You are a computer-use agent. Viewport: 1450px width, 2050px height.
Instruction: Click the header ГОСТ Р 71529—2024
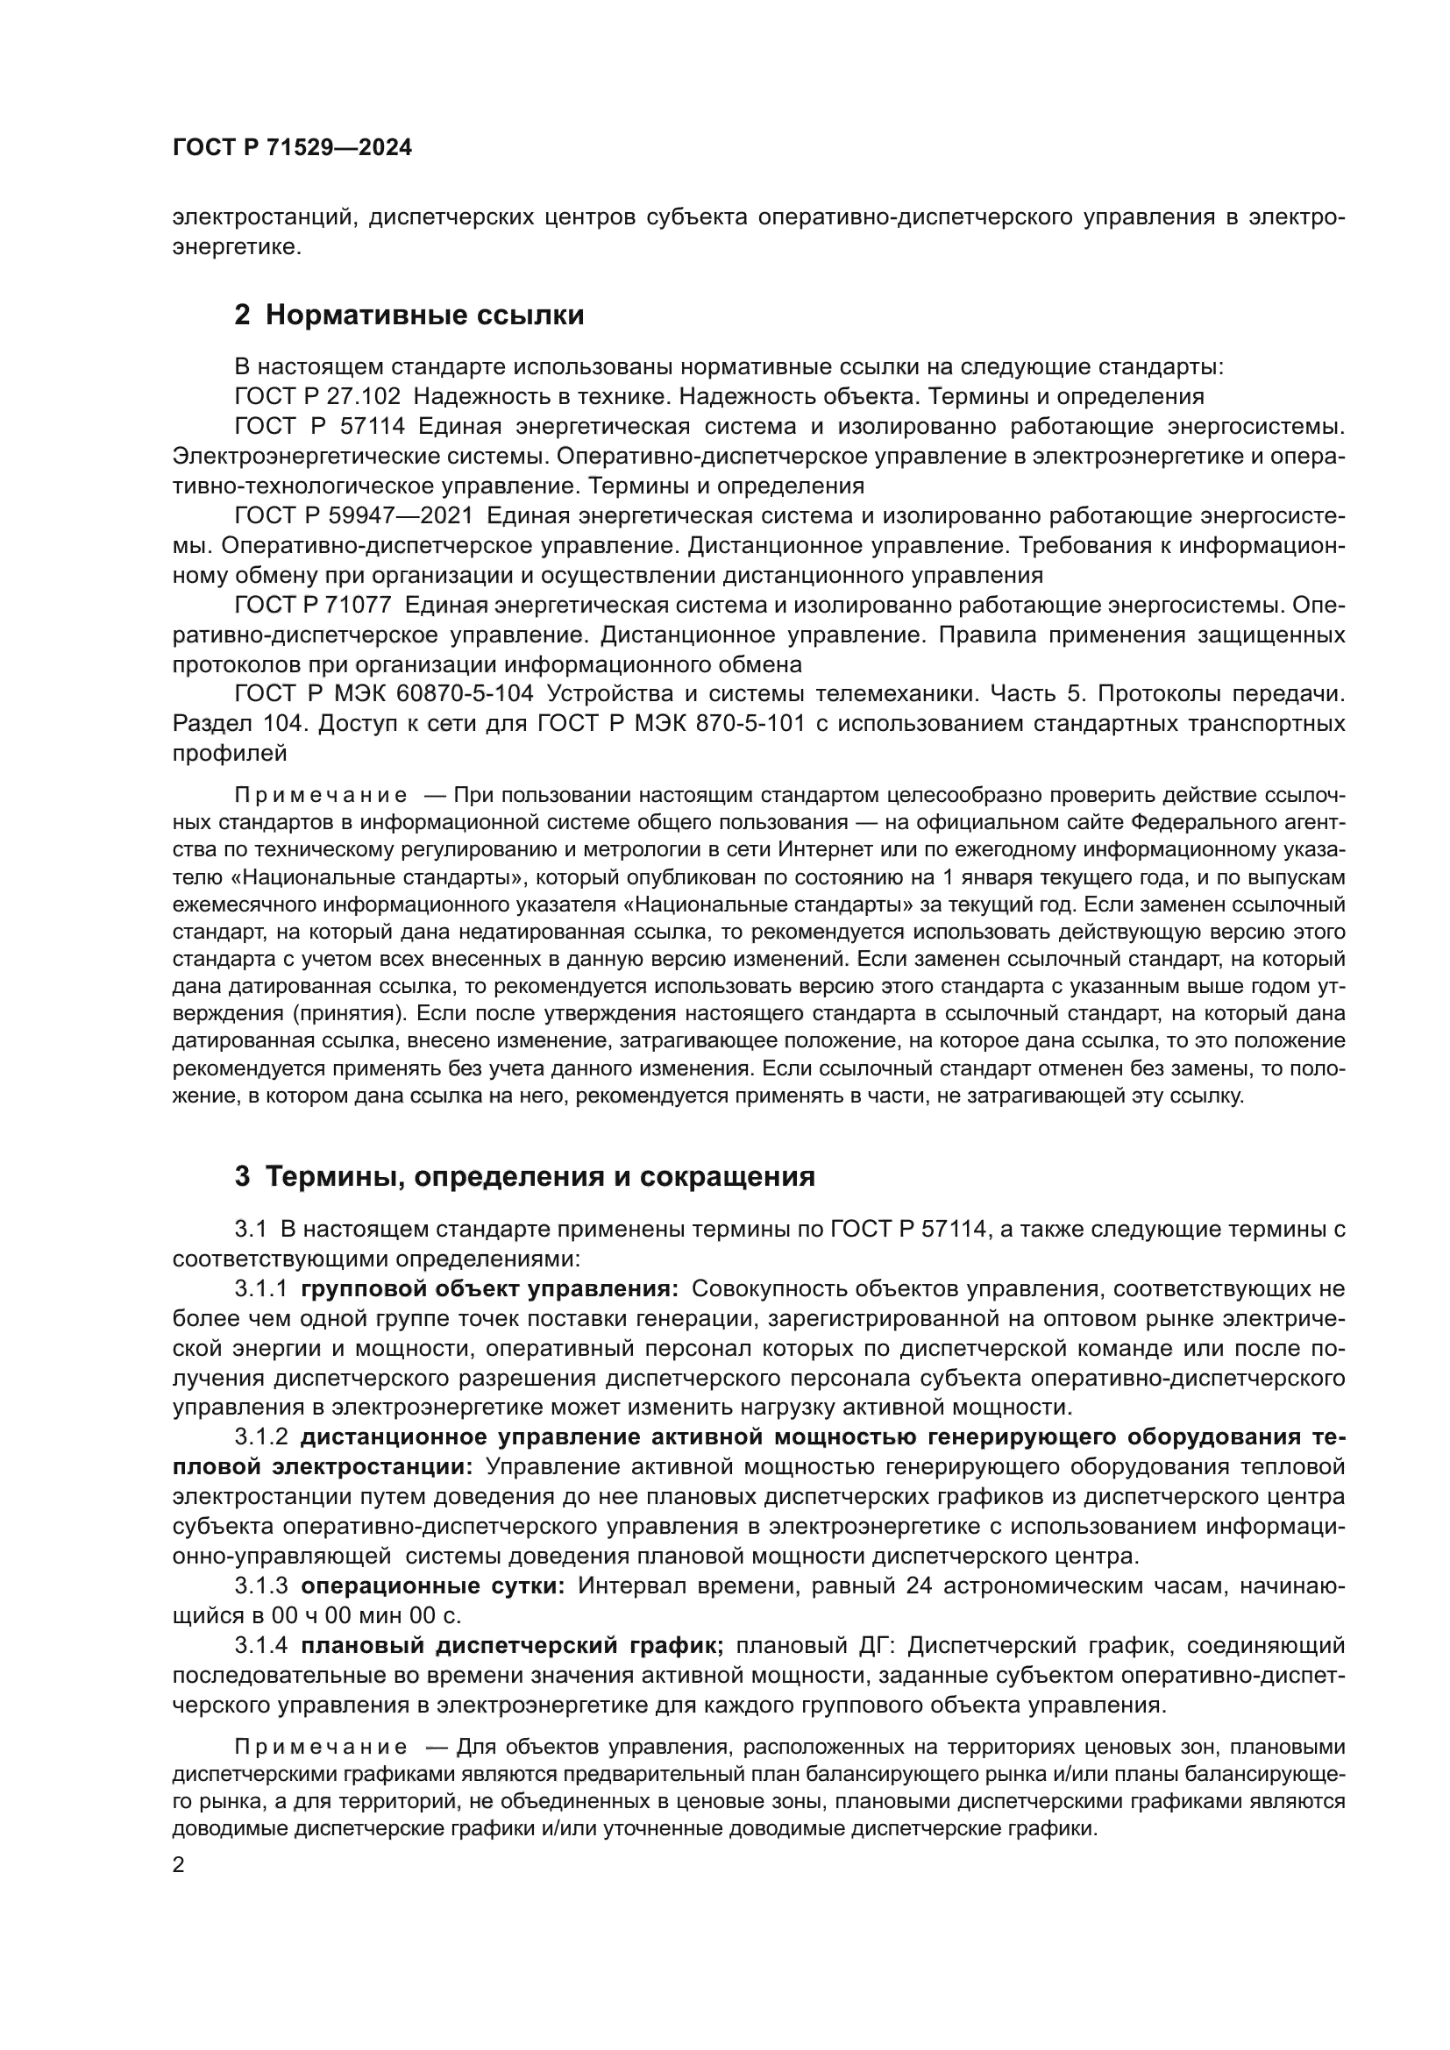pos(292,148)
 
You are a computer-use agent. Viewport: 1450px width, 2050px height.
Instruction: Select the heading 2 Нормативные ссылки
pos(409,316)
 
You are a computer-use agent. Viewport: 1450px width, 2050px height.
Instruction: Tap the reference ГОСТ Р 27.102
pos(317,396)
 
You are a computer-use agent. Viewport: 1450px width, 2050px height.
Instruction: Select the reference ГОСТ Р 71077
pos(312,606)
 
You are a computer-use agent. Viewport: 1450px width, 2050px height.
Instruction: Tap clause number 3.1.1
pos(260,1289)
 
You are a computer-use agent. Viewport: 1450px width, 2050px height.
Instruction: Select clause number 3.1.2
pos(260,1437)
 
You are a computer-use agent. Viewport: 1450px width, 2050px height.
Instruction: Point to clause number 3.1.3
pos(260,1585)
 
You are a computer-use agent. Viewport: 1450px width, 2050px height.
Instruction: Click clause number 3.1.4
pos(260,1646)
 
